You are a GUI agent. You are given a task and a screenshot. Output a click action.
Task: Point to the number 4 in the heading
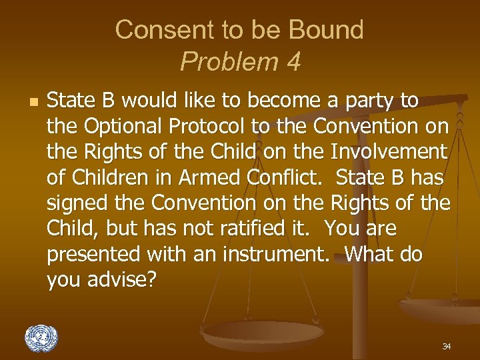(293, 62)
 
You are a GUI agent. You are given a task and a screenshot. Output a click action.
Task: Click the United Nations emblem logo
(41, 338)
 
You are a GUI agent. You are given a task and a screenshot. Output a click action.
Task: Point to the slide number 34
(446, 347)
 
